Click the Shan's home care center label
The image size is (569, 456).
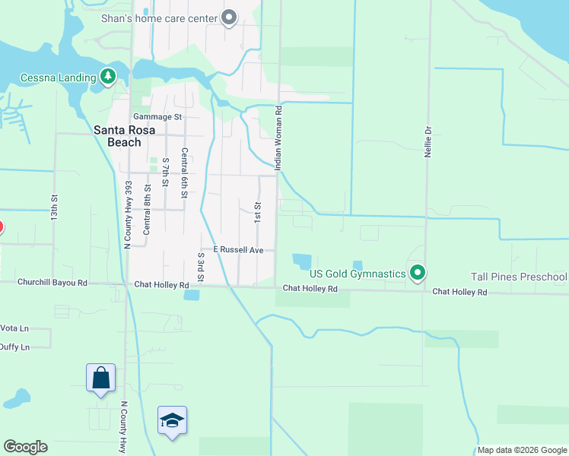coord(160,18)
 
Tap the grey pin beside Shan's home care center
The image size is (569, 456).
coord(229,17)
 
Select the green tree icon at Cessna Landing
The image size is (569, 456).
coord(108,77)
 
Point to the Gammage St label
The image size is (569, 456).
coord(157,117)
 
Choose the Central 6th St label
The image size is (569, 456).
coord(184,171)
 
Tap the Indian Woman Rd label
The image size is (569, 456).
coord(278,138)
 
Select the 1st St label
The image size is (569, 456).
coord(258,211)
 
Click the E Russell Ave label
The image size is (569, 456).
coord(237,249)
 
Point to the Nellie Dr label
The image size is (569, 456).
coord(428,141)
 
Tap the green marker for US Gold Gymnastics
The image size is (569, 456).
coord(417,272)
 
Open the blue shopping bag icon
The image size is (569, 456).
coord(100,378)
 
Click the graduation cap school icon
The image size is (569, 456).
coord(173,419)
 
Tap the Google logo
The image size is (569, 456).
coord(25,447)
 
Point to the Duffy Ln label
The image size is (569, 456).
coord(14,347)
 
